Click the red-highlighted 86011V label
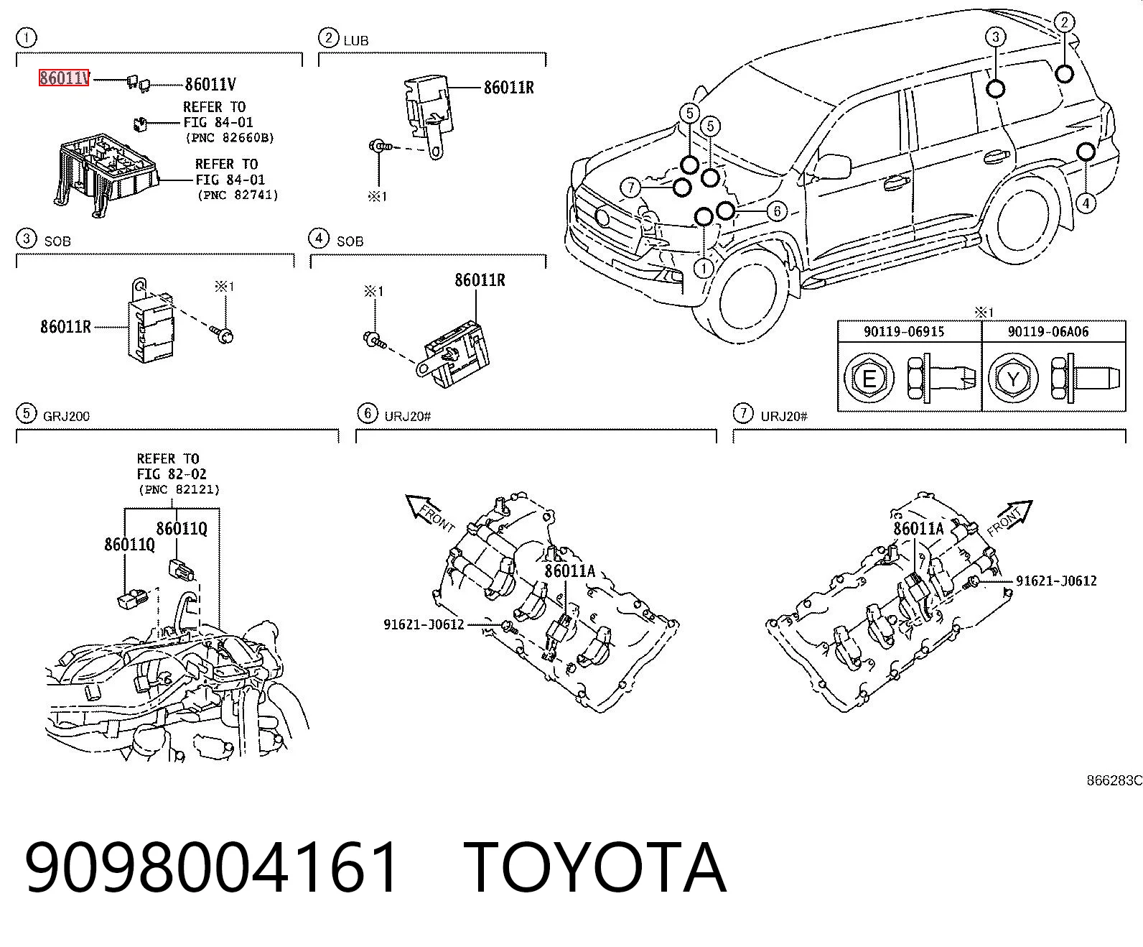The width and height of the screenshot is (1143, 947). tap(63, 78)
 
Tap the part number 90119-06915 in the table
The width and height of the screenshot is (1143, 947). tap(904, 331)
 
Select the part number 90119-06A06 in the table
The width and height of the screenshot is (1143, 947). tap(1048, 331)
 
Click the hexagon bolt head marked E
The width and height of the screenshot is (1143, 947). tap(869, 379)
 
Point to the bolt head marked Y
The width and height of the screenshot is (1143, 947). tap(1013, 379)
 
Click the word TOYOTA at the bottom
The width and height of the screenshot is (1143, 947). tap(595, 868)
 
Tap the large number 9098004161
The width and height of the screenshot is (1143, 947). tap(211, 868)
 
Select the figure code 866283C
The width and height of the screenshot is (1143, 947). tap(1114, 780)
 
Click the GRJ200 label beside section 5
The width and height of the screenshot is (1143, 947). tap(65, 416)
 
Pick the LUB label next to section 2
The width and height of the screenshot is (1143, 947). tap(356, 40)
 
